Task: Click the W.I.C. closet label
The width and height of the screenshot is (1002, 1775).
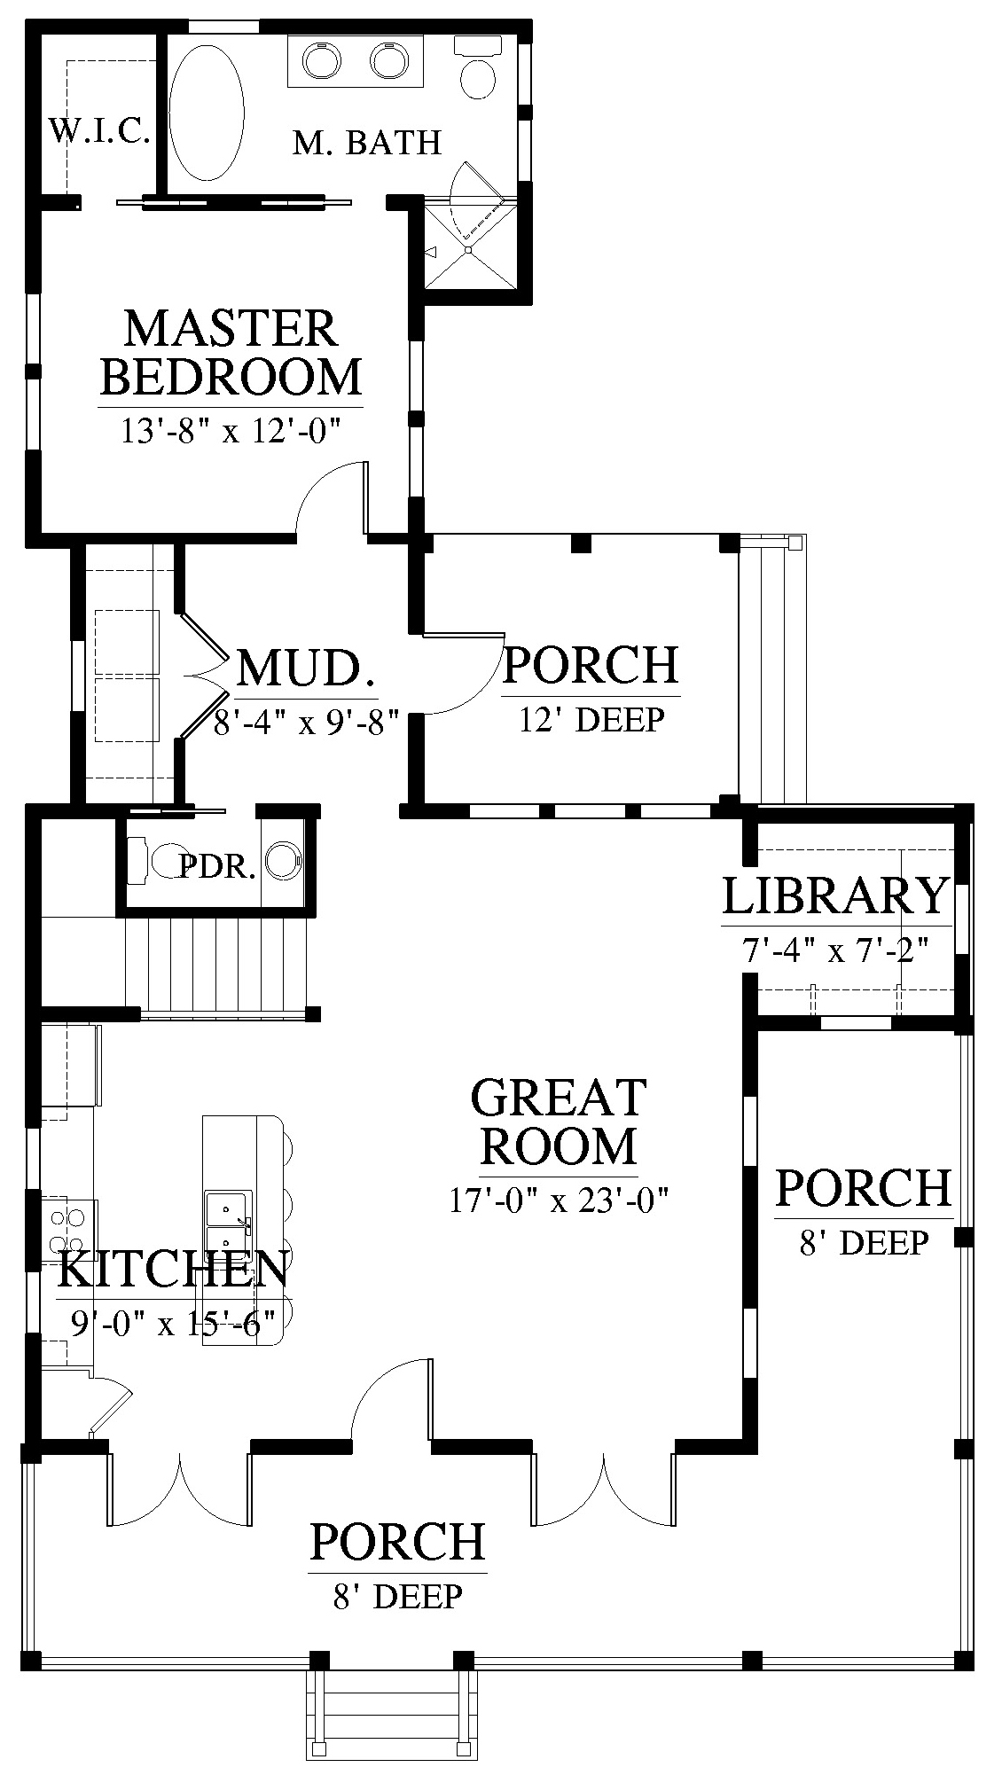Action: (x=98, y=131)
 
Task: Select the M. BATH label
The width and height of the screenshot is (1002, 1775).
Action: (x=366, y=142)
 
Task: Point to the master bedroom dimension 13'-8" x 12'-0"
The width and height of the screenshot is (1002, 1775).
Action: (x=231, y=432)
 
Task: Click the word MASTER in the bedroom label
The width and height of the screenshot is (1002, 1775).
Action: (x=231, y=328)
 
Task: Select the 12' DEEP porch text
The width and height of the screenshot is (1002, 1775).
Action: (x=591, y=720)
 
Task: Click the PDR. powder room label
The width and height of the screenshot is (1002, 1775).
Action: (x=217, y=866)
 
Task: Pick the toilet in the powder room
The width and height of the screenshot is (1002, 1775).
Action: (x=160, y=860)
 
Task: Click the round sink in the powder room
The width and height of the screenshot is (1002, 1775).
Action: (x=285, y=860)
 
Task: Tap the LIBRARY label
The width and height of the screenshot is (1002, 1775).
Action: (x=835, y=895)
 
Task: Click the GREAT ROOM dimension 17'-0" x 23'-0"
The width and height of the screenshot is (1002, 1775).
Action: (x=558, y=1201)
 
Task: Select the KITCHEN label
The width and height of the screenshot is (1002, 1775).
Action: (x=173, y=1269)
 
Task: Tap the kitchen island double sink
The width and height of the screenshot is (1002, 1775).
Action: (x=229, y=1222)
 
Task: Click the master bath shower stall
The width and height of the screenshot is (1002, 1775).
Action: (x=470, y=246)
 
